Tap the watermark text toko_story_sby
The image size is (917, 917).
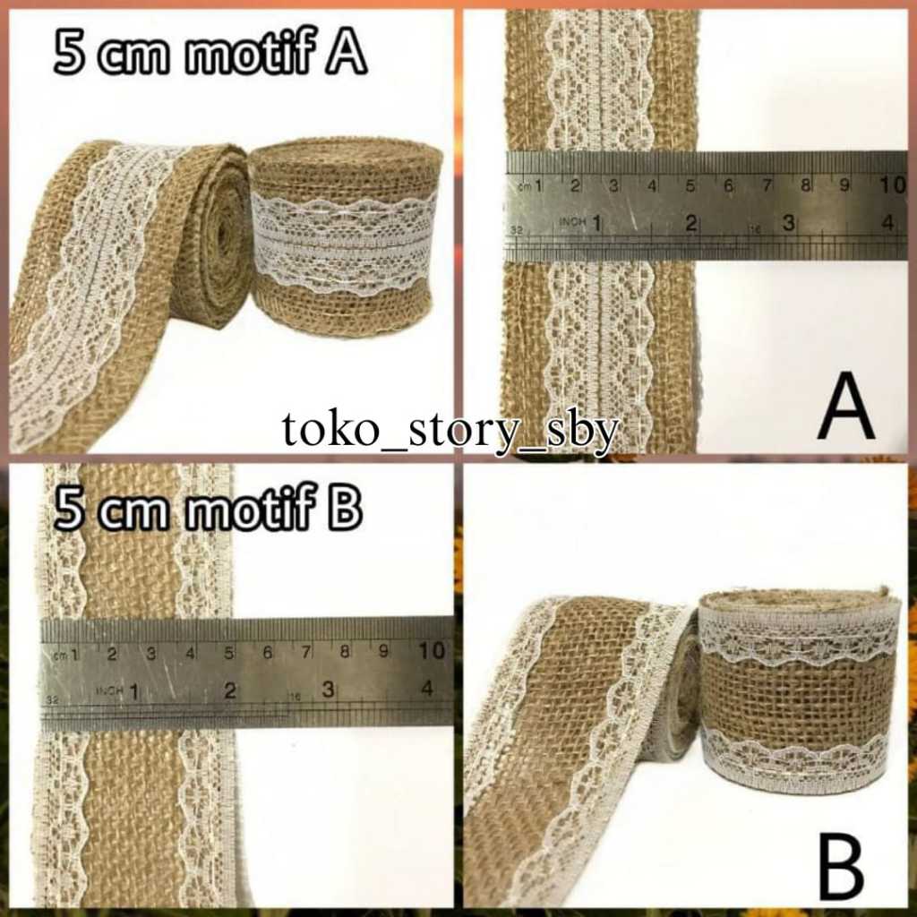tap(450, 431)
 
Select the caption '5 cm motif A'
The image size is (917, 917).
tap(210, 56)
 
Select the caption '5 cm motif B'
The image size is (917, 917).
tap(208, 510)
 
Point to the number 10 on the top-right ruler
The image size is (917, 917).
tap(892, 185)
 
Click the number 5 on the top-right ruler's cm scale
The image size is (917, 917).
tap(690, 185)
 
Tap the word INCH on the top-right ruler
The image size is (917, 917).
tap(570, 220)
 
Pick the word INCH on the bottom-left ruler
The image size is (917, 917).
tap(109, 690)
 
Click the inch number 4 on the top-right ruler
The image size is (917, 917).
tap(887, 223)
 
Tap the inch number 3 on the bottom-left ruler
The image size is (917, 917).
tap(328, 690)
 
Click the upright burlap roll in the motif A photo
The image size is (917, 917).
tap(346, 237)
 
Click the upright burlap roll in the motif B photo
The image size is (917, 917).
tap(799, 690)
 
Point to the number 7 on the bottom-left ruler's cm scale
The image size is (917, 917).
tap(305, 652)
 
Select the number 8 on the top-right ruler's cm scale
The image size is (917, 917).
tap(805, 185)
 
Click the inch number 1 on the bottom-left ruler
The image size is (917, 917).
tap(134, 690)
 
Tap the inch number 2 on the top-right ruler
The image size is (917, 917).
tap(690, 223)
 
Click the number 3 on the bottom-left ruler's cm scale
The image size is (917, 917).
tap(150, 653)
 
